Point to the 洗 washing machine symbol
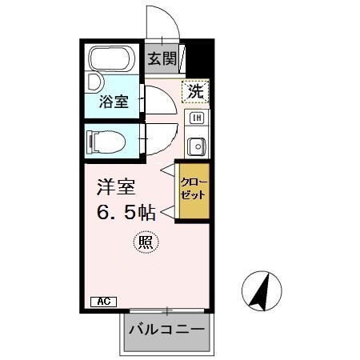tap(195, 91)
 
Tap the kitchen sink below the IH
tap(196, 146)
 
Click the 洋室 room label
tap(116, 187)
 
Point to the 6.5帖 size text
tap(126, 214)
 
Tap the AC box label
tap(103, 301)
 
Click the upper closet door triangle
tap(168, 170)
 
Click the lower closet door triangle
tap(168, 212)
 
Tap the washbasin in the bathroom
tap(93, 82)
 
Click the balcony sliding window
tap(167, 310)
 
